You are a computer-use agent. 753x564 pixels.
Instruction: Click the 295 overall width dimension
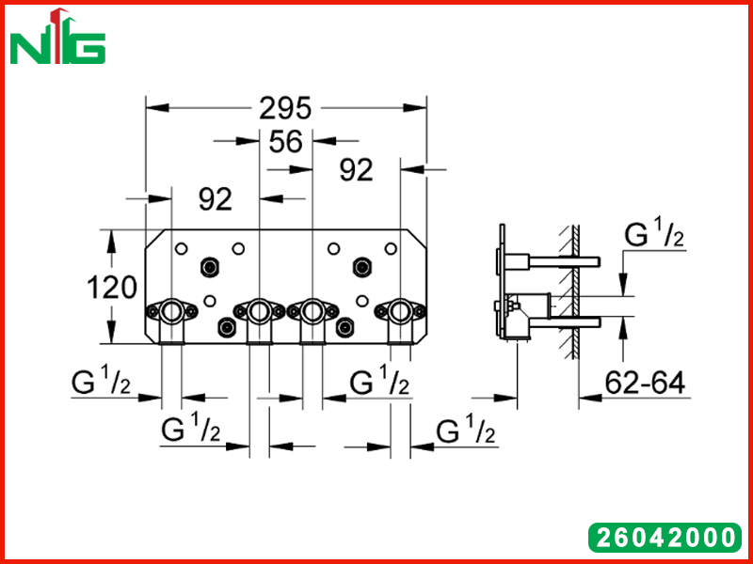(x=285, y=108)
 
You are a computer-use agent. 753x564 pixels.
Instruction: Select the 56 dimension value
(x=286, y=142)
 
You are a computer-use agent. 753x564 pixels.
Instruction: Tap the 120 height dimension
(x=111, y=289)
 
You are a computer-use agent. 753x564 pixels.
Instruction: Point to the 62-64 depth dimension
(x=645, y=383)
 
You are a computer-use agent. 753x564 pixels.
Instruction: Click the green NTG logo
(x=57, y=37)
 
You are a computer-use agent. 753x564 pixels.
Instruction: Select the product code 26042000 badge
(x=665, y=537)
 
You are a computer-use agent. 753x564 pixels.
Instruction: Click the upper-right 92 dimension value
(x=356, y=170)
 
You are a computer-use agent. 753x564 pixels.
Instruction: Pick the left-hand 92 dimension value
(x=216, y=199)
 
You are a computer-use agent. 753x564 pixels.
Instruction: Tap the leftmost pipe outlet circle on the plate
(x=171, y=311)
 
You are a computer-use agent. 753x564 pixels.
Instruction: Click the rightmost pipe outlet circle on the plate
(x=400, y=311)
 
